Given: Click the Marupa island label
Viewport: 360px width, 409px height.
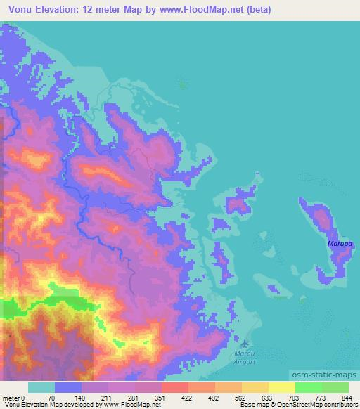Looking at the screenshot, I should click(x=339, y=244).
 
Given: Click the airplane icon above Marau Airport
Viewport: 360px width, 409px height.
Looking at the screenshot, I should click(x=245, y=343).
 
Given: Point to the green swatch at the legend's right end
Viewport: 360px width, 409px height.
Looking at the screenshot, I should click(x=335, y=387).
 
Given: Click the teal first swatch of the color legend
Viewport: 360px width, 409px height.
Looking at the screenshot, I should click(x=41, y=387).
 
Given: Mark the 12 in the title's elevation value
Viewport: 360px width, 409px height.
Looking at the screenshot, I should click(x=89, y=10).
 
